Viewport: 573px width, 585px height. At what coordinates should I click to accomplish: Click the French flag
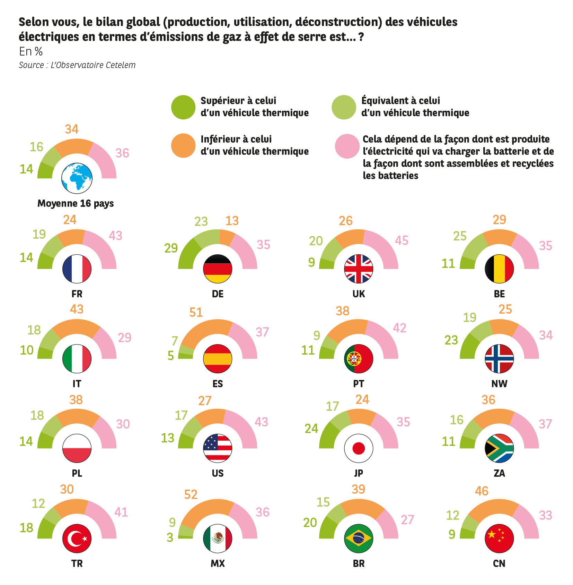[77, 269]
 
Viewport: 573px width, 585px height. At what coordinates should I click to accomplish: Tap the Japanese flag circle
[359, 448]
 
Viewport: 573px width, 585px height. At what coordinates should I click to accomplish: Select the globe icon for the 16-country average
[77, 178]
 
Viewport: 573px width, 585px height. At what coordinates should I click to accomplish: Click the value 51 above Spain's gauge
[196, 312]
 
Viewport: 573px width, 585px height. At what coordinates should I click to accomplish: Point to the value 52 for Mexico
[191, 494]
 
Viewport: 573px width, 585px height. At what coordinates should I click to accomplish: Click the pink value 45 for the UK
[402, 240]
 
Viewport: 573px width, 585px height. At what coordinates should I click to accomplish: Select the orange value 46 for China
[482, 491]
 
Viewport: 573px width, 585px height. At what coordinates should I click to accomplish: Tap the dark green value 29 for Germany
[171, 248]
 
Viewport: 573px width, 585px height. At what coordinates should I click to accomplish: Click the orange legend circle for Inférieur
[183, 146]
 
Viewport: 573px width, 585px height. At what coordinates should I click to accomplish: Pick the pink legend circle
[347, 146]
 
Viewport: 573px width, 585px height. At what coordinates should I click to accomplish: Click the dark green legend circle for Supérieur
[183, 107]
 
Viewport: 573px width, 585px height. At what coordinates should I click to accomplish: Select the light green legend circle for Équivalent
[344, 107]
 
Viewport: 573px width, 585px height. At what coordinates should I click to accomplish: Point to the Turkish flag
[77, 539]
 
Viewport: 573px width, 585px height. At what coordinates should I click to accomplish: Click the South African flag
[499, 448]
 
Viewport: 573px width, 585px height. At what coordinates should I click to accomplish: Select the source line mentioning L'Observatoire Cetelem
[77, 65]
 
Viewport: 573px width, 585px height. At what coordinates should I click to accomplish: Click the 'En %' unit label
[30, 51]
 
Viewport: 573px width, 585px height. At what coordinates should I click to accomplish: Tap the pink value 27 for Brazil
[407, 520]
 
